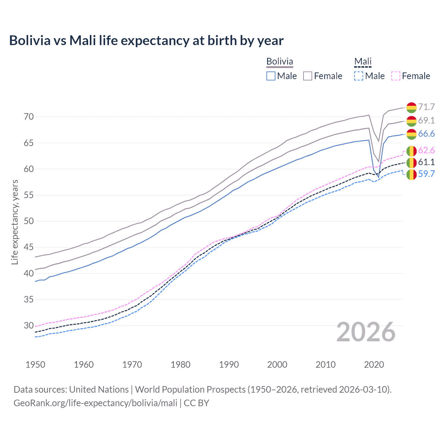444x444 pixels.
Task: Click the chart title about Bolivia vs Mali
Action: point(146,41)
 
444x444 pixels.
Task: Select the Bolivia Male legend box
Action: point(271,76)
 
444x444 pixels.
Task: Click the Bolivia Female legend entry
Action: point(323,76)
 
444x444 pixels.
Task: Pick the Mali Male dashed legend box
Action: point(359,76)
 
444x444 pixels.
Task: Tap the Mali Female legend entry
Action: point(411,76)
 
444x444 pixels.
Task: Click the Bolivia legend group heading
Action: point(280,61)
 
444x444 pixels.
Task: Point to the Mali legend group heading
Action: point(363,61)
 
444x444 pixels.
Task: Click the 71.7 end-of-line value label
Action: point(426,107)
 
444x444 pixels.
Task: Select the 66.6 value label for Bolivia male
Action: point(426,134)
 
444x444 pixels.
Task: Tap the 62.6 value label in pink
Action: point(426,150)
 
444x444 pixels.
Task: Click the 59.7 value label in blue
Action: point(426,174)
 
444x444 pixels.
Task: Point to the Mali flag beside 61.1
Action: point(411,162)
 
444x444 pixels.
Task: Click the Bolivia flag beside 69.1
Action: point(411,121)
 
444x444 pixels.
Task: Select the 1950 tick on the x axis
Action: point(35,365)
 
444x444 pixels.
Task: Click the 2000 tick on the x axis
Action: point(277,365)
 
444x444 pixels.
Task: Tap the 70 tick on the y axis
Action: point(29,117)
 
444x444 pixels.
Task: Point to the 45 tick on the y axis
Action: point(29,247)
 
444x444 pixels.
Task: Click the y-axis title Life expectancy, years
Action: point(15,222)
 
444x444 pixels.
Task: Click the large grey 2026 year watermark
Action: point(366,332)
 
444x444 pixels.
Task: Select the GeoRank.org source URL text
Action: point(95,403)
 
